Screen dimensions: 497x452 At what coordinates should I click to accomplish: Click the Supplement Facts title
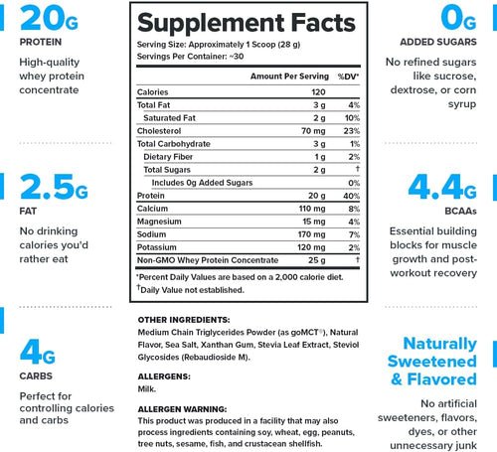coord(247,23)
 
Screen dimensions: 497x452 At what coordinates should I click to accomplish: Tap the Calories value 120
coord(318,92)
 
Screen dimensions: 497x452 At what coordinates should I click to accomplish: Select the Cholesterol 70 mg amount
coord(313,131)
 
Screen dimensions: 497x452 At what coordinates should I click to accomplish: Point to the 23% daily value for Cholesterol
coord(352,131)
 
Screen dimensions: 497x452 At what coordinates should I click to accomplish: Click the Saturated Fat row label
coord(169,118)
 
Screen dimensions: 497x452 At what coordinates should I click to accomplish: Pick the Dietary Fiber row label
coord(168,157)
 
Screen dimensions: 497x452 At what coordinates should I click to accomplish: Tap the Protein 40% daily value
coord(352,196)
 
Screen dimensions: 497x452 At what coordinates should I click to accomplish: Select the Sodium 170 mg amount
coord(312,234)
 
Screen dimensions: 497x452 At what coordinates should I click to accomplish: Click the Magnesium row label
coord(159,222)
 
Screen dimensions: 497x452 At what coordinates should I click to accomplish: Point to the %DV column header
coord(348,76)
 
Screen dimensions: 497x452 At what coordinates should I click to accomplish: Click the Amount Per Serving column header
coord(289,76)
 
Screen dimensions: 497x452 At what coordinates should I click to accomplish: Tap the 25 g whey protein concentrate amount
coord(317,260)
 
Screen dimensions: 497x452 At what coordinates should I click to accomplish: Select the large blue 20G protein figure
coord(49,19)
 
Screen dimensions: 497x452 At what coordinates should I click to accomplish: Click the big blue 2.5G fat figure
coord(54,187)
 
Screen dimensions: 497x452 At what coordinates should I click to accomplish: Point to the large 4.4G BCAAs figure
coord(442,187)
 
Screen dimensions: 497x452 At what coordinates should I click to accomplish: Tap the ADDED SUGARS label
coord(438,42)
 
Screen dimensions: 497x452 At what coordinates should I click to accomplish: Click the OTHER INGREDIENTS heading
coord(184,320)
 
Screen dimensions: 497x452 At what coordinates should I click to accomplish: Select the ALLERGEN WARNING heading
coord(182,409)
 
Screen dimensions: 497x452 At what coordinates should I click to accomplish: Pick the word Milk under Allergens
coord(147,388)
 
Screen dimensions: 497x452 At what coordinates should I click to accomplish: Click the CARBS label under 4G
coord(36,377)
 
